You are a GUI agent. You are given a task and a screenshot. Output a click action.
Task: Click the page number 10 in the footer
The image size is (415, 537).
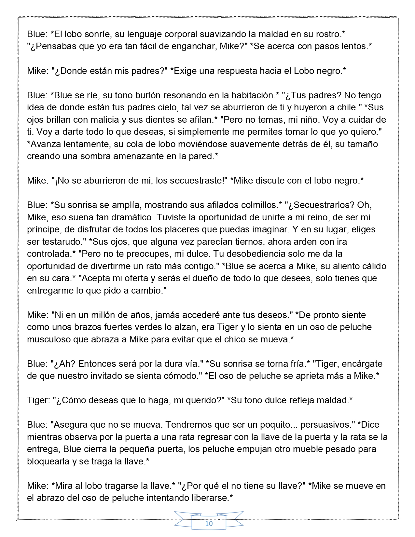tap(209, 524)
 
